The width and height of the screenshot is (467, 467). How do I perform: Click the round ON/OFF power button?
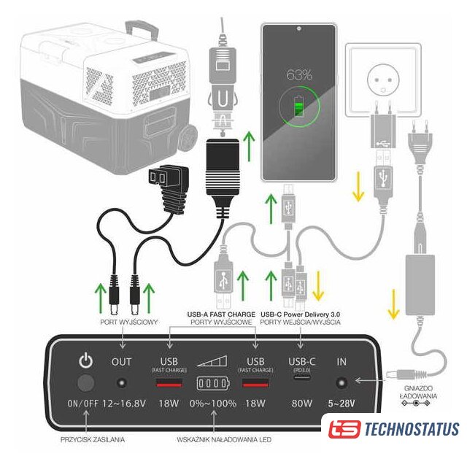[86, 383]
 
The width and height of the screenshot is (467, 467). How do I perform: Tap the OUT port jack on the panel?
[122, 382]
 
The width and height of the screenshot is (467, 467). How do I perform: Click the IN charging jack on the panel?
[341, 382]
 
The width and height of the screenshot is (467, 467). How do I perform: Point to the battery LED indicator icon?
[213, 383]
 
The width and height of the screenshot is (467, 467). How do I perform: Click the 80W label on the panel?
[301, 404]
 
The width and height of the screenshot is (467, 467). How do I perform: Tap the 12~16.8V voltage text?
[124, 404]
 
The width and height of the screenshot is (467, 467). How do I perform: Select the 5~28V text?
[341, 404]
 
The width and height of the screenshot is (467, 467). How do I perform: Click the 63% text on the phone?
[299, 74]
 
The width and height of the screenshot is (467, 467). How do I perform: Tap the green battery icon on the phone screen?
[298, 107]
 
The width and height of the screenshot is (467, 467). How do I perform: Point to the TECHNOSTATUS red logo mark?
[344, 429]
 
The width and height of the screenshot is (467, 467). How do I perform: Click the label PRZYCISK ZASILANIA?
[93, 439]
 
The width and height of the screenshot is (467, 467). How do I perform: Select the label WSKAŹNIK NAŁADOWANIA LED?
[224, 439]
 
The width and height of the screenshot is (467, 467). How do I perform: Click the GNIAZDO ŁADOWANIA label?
[418, 393]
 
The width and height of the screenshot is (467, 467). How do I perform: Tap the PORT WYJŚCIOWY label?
[129, 322]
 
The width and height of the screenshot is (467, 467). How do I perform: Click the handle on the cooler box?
[142, 29]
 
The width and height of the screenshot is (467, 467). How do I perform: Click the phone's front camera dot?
[298, 29]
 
